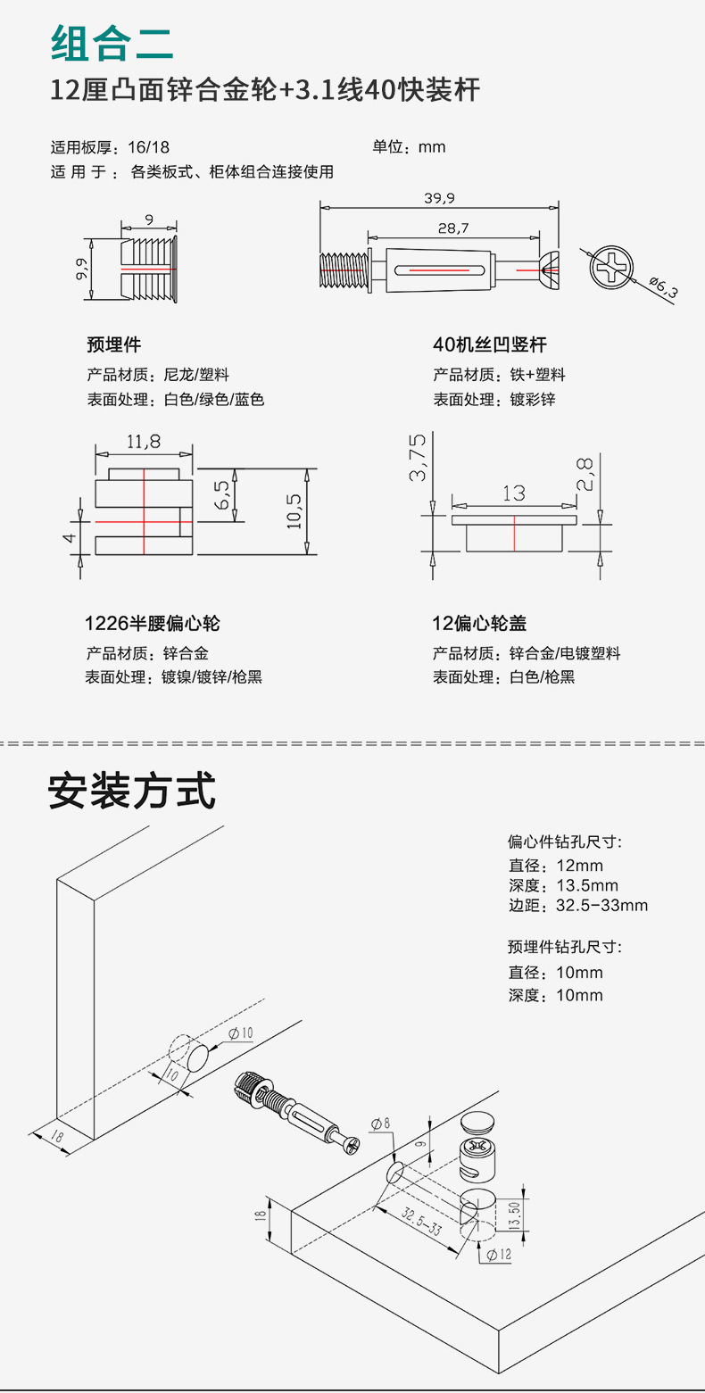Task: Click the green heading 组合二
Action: pyautogui.click(x=112, y=41)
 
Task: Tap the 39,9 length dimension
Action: pyautogui.click(x=439, y=197)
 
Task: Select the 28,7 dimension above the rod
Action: pyautogui.click(x=453, y=228)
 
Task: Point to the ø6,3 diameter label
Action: pyautogui.click(x=662, y=287)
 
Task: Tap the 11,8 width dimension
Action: pyautogui.click(x=143, y=441)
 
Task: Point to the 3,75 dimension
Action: pyautogui.click(x=417, y=458)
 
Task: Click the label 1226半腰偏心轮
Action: pyautogui.click(x=152, y=623)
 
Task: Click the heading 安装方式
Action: pyautogui.click(x=131, y=791)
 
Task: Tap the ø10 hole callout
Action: pyautogui.click(x=241, y=1032)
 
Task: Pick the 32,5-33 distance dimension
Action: pyautogui.click(x=421, y=1219)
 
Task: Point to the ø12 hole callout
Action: pyautogui.click(x=499, y=1254)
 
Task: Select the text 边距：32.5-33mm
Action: pyautogui.click(x=577, y=906)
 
